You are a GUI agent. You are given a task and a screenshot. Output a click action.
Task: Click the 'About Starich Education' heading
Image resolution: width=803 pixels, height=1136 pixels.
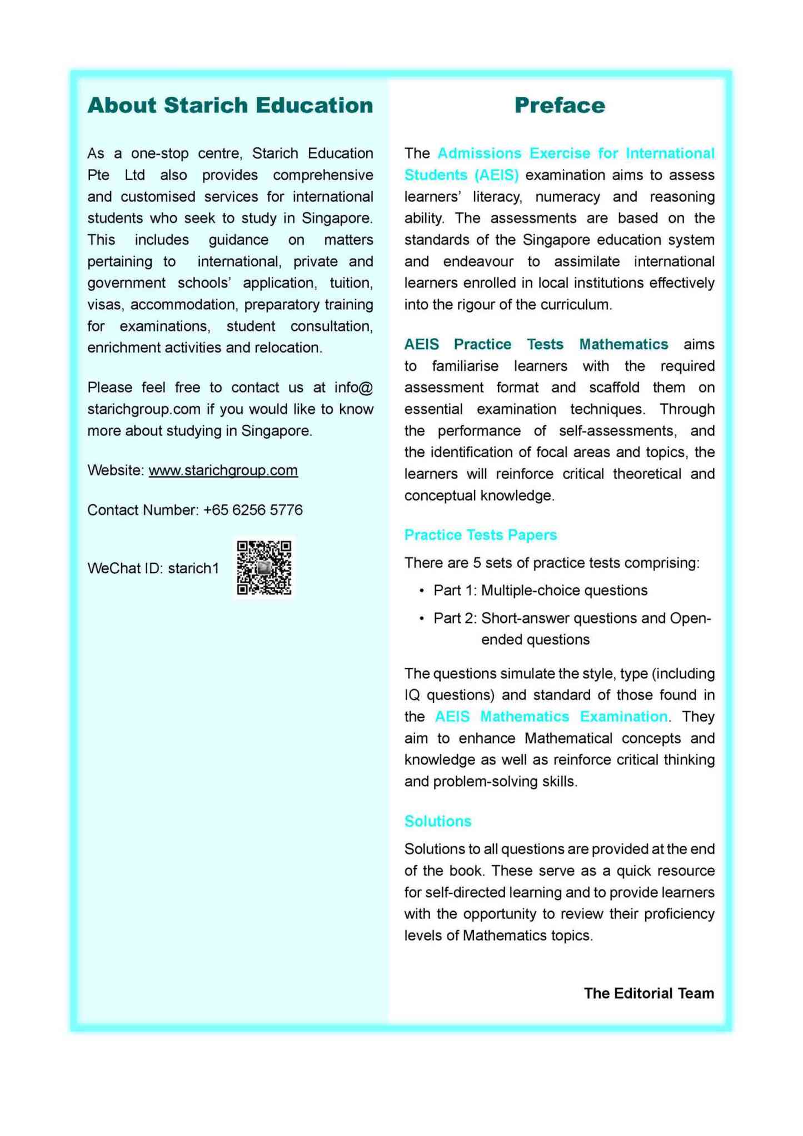[x=230, y=106]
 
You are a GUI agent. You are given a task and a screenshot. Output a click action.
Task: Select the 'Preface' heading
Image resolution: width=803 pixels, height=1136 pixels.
[x=559, y=106]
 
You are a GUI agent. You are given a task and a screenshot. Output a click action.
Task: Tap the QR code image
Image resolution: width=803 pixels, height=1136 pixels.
[x=264, y=568]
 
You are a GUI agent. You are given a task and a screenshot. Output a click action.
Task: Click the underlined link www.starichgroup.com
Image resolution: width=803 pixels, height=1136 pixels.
[x=223, y=470]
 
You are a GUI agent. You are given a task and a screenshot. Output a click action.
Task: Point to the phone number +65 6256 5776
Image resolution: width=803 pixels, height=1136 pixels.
[x=253, y=510]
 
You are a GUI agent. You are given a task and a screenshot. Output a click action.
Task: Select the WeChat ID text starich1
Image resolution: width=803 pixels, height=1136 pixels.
[x=193, y=568]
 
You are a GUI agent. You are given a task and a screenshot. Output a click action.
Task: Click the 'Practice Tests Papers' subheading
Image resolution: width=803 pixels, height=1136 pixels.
[x=480, y=535]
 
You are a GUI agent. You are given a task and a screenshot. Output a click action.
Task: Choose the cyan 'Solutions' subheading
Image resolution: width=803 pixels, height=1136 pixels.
[x=438, y=821]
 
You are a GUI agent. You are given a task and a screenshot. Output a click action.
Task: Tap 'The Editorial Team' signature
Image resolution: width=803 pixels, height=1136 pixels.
[x=649, y=993]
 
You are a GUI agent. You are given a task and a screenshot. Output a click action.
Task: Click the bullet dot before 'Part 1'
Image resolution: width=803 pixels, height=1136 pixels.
[x=423, y=591]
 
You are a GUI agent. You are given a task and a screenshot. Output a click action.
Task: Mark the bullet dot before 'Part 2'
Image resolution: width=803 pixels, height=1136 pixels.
[x=423, y=618]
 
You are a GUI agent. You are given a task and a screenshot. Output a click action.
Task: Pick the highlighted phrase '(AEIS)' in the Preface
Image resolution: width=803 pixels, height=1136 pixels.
[x=496, y=175]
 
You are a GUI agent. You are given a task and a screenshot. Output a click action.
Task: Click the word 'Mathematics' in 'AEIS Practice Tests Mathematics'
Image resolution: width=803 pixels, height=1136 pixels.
[x=624, y=344]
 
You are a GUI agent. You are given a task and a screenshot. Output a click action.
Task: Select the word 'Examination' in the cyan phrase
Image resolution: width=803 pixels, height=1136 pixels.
[x=624, y=717]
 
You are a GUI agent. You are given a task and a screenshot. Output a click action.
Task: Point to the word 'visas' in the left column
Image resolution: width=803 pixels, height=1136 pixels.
[x=106, y=305]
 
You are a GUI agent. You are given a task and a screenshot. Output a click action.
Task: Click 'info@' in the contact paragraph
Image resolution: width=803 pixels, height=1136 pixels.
[x=353, y=388]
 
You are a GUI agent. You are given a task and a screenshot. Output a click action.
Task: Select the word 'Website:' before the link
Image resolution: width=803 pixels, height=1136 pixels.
[x=116, y=470]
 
